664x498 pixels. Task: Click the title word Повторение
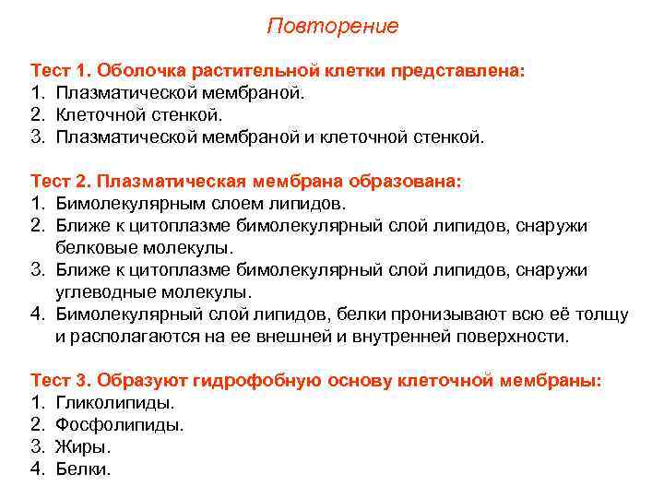click(x=332, y=26)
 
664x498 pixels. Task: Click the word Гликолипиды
click(x=115, y=403)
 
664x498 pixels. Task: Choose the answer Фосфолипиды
click(x=120, y=425)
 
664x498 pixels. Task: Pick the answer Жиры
click(x=83, y=447)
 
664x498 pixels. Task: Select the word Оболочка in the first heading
click(x=138, y=71)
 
